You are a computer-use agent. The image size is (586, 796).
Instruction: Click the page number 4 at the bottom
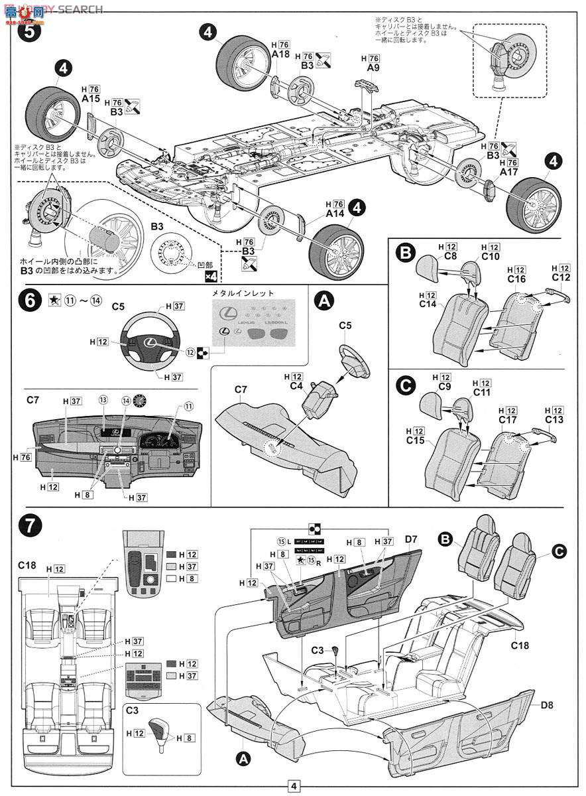click(292, 787)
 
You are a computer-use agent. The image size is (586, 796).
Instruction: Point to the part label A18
click(280, 55)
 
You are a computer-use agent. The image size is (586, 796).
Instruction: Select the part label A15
click(91, 98)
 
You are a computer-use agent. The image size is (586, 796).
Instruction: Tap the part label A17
click(508, 171)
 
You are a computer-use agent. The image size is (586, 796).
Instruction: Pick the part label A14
click(335, 214)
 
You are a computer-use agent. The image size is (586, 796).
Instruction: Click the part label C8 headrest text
click(451, 255)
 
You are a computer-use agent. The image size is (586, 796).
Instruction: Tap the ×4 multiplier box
click(211, 276)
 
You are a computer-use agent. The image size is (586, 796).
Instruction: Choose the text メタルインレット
click(251, 293)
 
